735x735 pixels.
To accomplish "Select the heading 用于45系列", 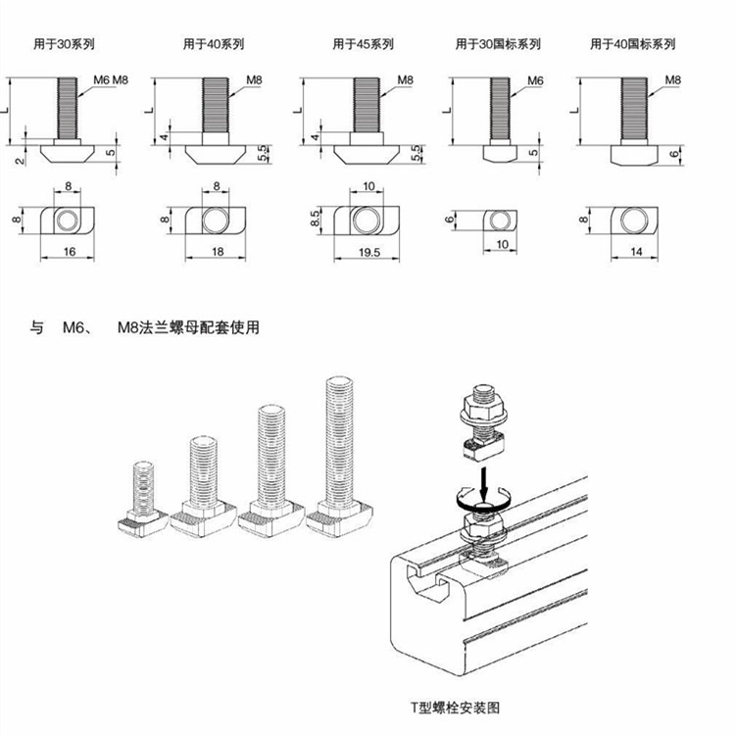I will click(363, 44).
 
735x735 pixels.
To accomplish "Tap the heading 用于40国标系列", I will click(632, 44).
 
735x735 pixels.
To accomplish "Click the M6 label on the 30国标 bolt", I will click(535, 79).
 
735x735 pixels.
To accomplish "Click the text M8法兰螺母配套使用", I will click(188, 328).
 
